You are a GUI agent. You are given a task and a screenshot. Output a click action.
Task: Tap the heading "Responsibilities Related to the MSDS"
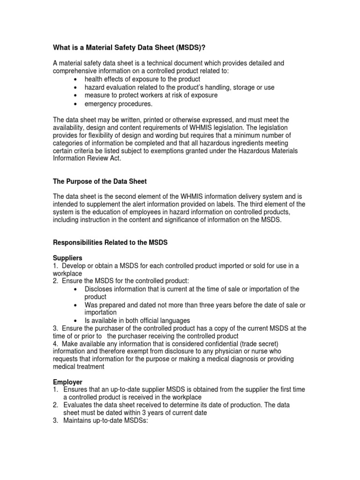[111, 243]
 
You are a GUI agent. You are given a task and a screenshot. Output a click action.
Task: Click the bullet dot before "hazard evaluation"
[75, 88]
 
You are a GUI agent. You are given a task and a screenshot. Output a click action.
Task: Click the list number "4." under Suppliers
[56, 344]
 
